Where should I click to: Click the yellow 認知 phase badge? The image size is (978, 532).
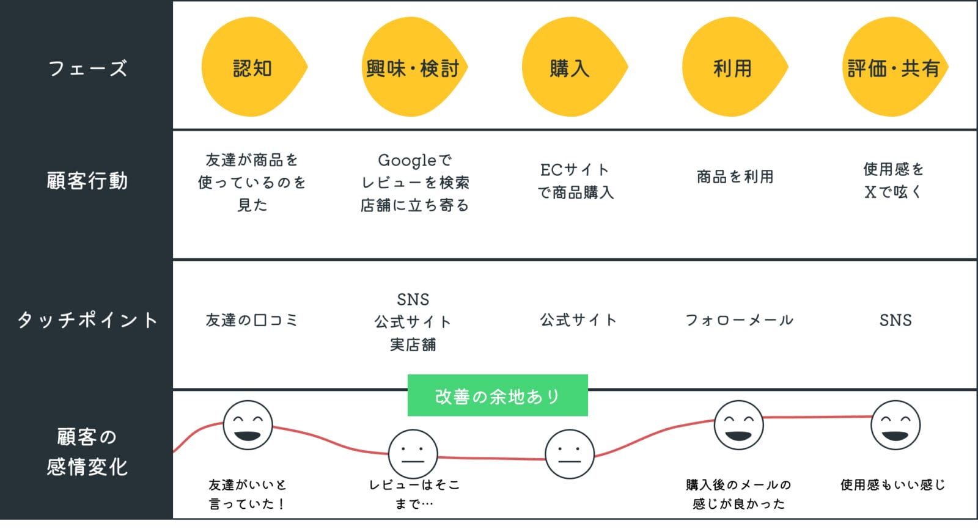tap(252, 68)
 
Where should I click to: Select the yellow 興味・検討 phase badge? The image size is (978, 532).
tap(413, 68)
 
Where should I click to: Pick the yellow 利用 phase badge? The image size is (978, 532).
tap(733, 68)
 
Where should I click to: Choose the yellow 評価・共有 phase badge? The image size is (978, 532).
tap(893, 68)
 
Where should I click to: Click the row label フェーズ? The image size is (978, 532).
tap(87, 68)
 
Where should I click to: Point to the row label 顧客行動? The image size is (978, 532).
tap(87, 181)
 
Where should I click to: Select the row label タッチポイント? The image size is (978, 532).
tap(87, 319)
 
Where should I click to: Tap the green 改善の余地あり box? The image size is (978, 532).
tap(498, 396)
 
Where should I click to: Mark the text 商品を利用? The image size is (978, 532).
tap(735, 177)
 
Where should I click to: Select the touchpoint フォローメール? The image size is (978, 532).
tap(739, 319)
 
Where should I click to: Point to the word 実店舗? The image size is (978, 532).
tap(413, 344)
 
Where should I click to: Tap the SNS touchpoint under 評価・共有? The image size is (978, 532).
tap(895, 319)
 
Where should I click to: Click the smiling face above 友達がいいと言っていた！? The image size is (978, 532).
tap(248, 425)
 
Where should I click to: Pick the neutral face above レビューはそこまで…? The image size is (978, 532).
tap(413, 454)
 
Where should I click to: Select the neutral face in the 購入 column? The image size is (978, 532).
tap(569, 454)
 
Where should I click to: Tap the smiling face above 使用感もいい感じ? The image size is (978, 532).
tap(895, 425)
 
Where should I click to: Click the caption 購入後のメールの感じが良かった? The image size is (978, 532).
tap(738, 494)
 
